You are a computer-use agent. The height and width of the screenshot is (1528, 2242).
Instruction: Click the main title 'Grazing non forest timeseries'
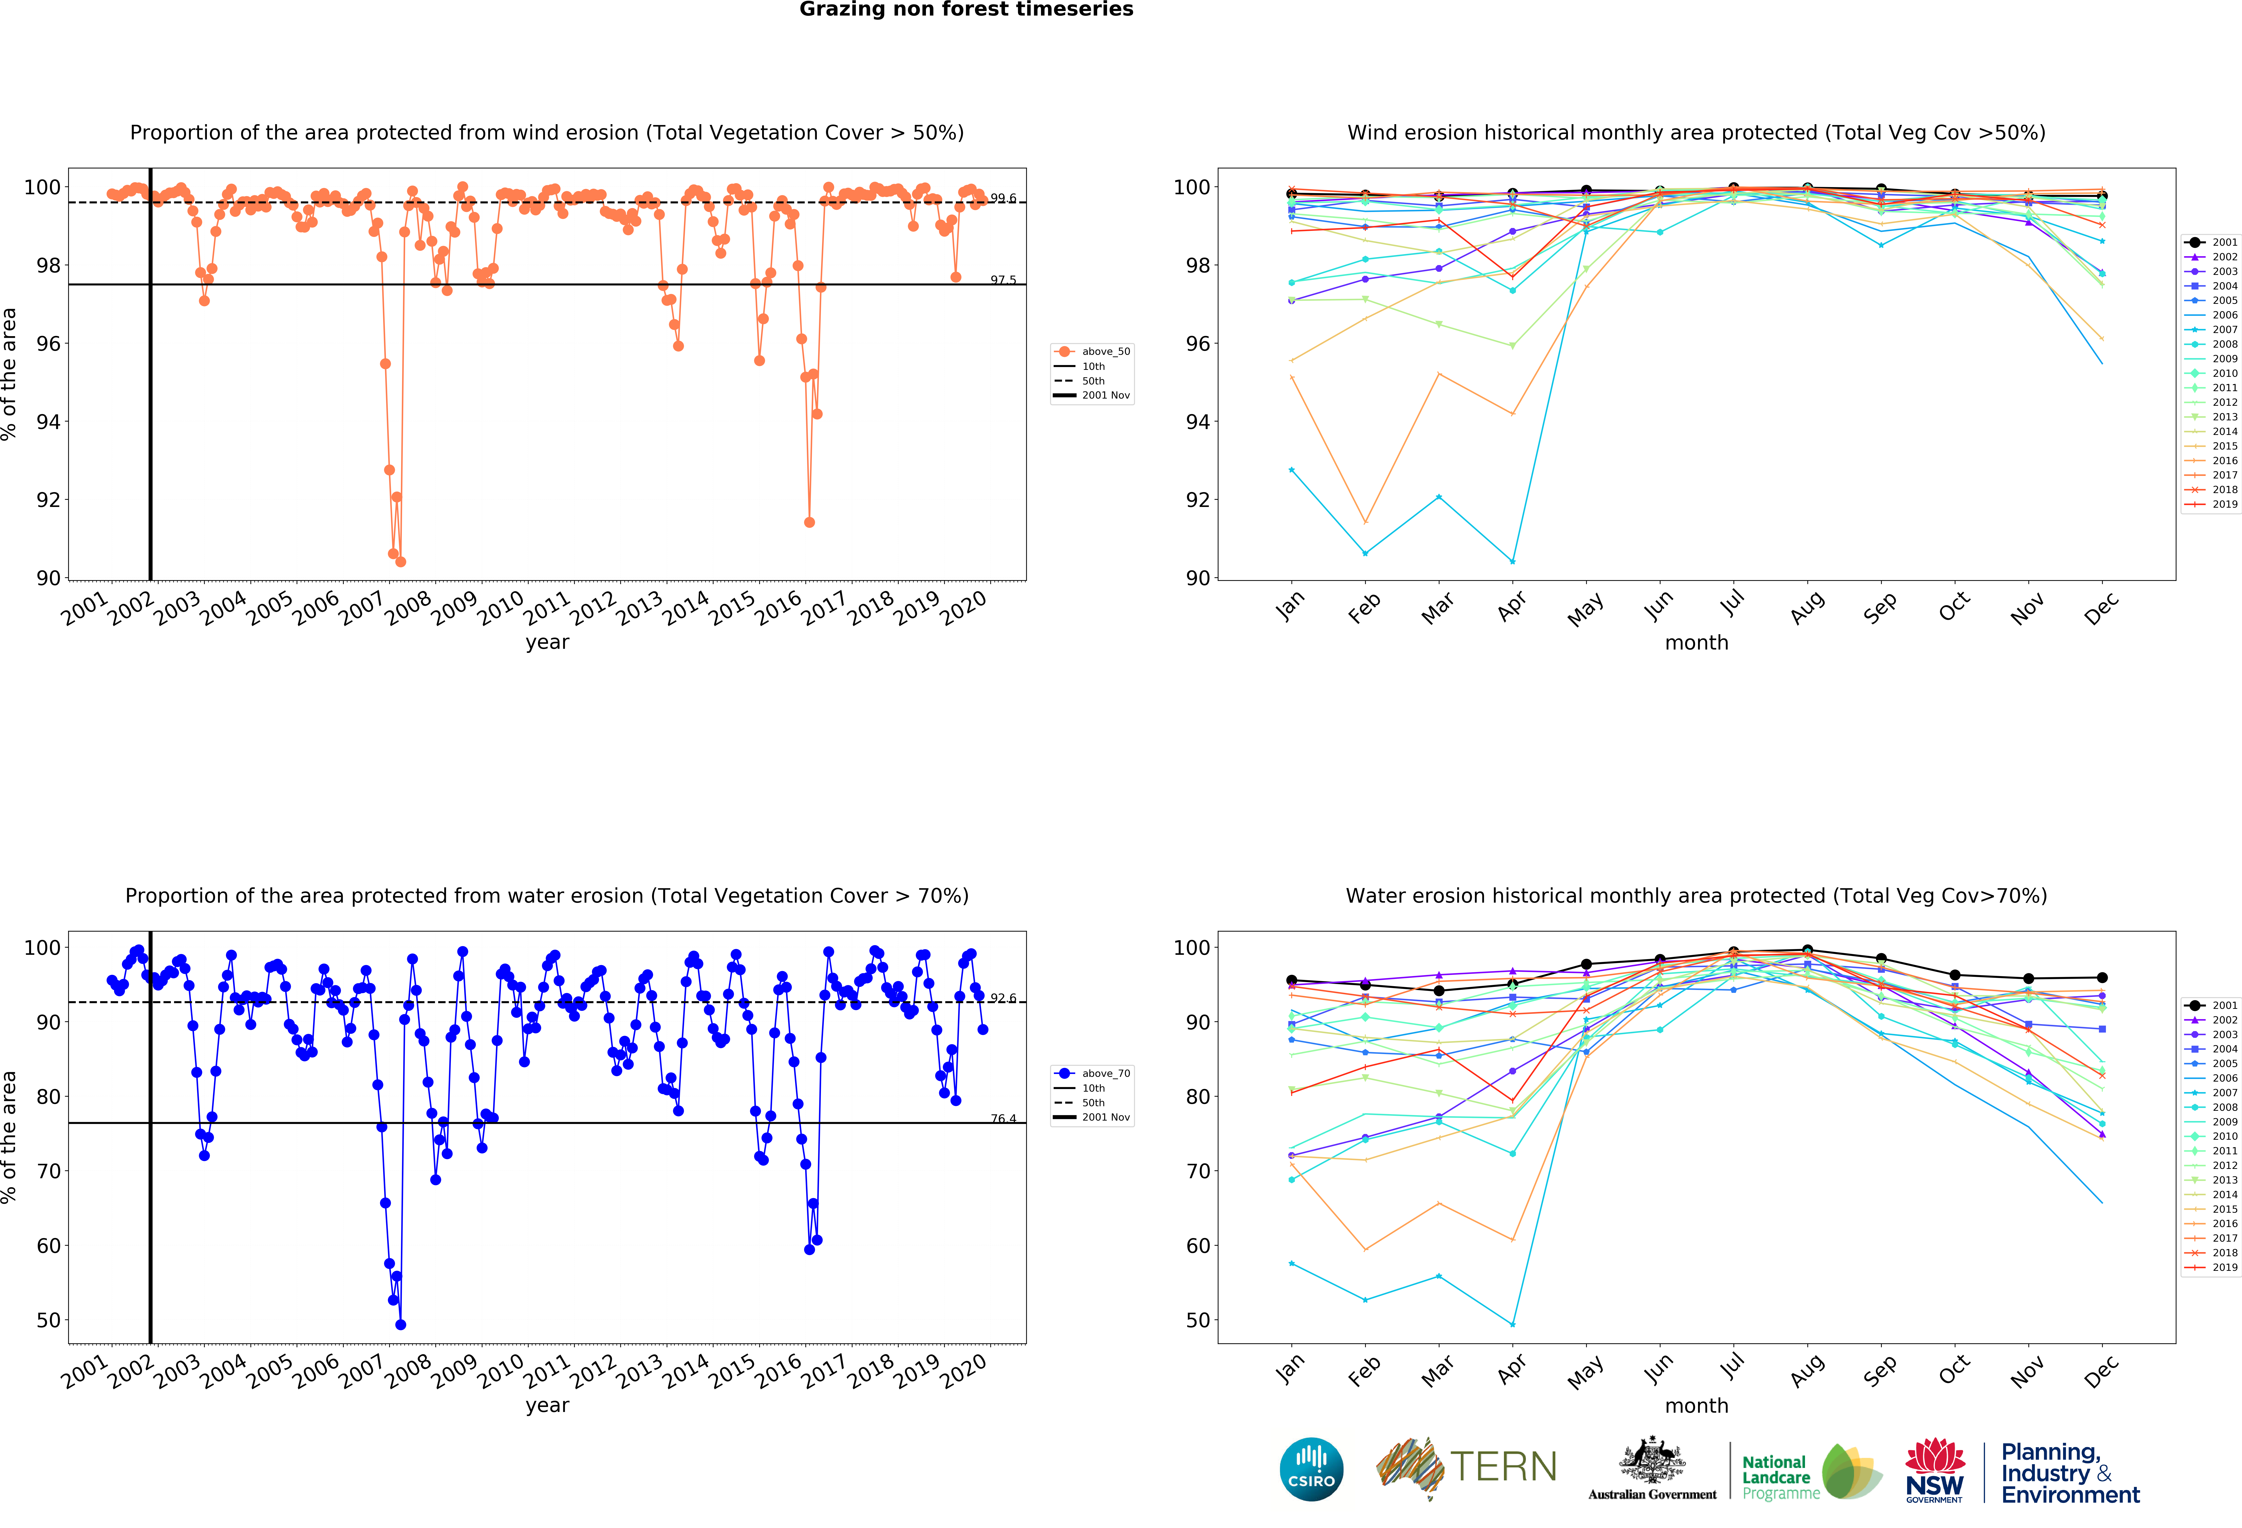966,10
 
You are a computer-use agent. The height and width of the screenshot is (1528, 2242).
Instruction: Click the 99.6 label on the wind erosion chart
1002,198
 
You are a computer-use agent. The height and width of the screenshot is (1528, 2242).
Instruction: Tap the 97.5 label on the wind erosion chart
1002,280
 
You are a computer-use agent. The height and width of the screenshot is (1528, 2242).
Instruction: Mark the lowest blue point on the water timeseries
400,1324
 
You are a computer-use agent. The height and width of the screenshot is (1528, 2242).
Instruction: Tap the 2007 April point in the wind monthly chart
1512,561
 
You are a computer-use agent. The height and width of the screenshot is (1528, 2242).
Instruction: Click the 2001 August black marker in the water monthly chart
1807,950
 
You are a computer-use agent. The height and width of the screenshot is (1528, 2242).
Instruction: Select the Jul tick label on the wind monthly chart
1733,603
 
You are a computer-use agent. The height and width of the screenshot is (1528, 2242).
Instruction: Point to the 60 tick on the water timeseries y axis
48,1245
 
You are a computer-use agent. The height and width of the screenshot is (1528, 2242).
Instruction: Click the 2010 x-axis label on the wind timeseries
501,609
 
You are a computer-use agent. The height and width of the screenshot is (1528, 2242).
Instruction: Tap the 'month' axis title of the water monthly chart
1696,1406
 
